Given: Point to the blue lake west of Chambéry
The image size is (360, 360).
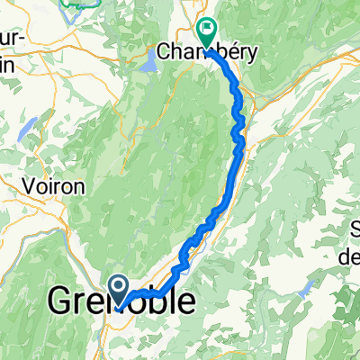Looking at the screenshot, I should click(148, 63).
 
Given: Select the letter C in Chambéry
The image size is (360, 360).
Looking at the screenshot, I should click(164, 53).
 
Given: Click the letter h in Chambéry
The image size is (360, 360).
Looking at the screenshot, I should click(176, 53).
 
